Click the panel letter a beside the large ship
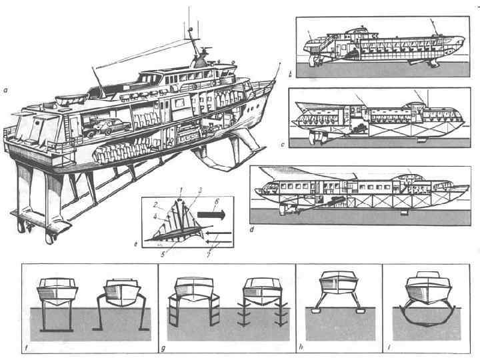click(x=5, y=85)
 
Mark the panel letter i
click(x=387, y=347)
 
